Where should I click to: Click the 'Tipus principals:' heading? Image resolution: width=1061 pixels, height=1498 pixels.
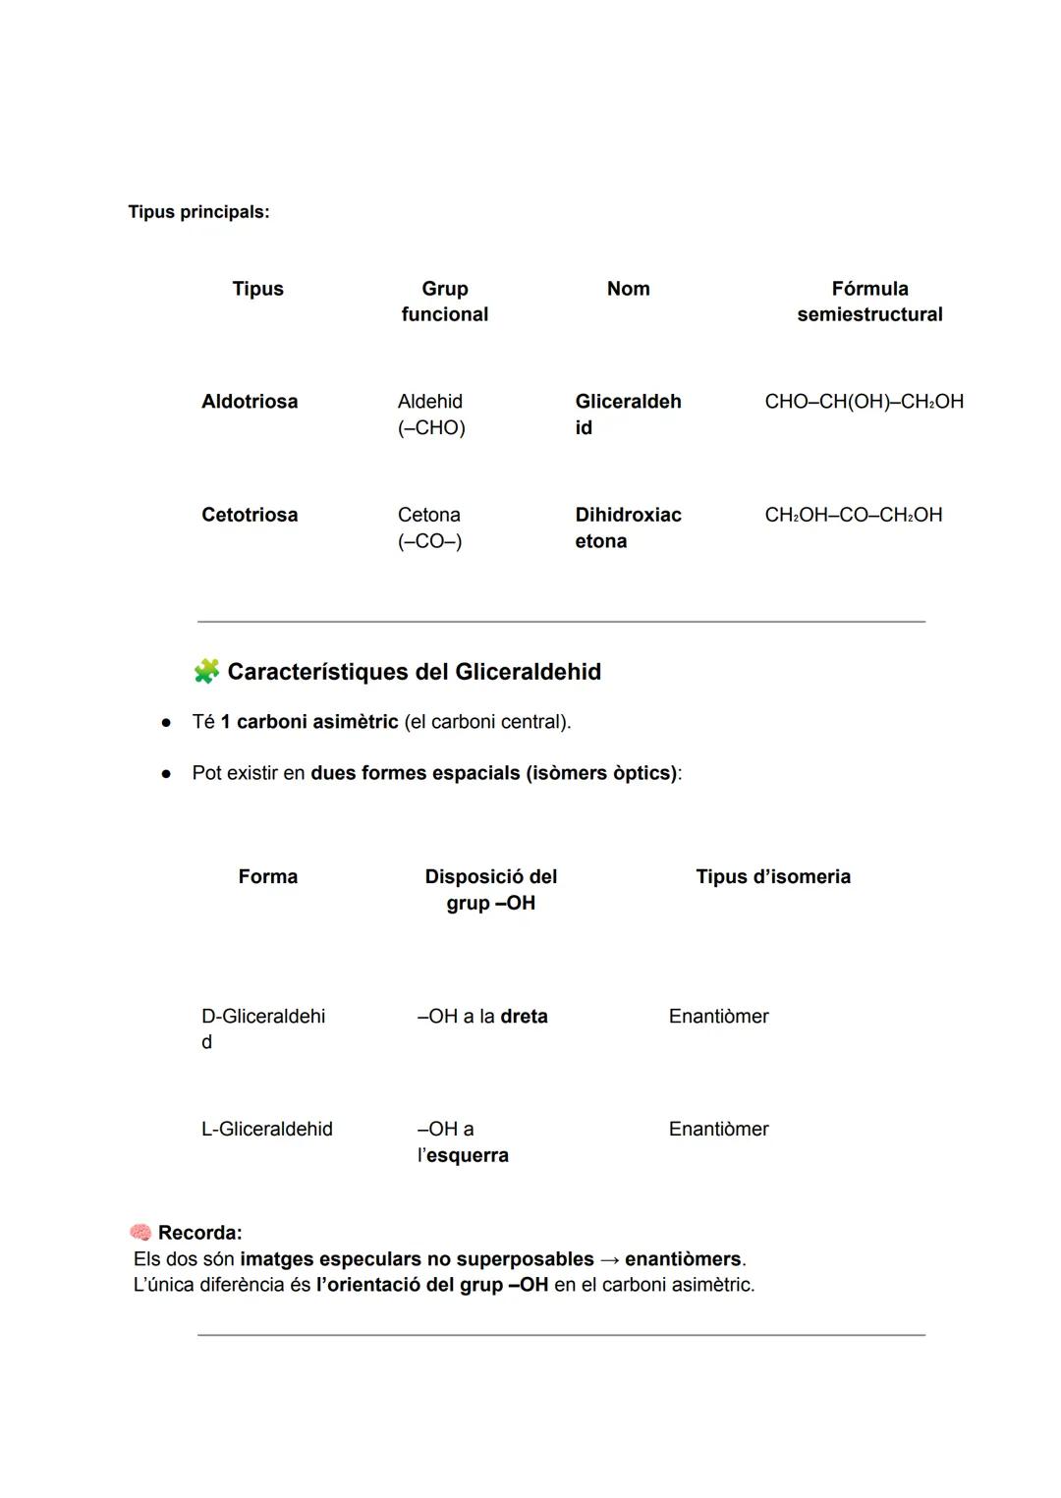point(198,212)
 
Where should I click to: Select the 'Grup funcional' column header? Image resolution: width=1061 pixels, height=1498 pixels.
point(444,302)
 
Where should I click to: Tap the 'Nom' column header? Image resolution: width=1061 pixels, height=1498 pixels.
point(628,289)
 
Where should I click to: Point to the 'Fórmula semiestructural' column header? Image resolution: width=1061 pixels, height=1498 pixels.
point(869,302)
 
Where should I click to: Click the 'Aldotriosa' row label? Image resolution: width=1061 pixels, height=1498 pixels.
point(250,402)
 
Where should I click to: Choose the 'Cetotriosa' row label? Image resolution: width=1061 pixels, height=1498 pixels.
point(250,515)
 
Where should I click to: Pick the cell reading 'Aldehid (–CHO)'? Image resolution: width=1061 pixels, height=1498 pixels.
point(431,415)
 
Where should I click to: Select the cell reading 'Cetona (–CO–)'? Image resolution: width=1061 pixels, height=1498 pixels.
point(429,527)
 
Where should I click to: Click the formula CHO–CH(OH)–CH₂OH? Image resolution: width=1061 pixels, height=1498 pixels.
point(864,402)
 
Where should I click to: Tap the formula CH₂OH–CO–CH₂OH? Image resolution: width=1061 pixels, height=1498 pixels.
point(853,515)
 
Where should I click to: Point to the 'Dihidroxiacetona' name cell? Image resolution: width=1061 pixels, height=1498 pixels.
point(628,527)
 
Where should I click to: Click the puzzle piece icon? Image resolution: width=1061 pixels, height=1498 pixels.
point(206,672)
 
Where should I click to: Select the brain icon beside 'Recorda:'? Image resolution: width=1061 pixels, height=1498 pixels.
point(140,1232)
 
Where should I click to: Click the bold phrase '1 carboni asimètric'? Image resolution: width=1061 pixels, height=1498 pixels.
point(309,722)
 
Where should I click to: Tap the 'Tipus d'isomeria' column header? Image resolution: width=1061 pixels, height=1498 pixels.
point(773,877)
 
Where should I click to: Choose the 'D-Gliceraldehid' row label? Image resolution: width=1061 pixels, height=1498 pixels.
point(263,1028)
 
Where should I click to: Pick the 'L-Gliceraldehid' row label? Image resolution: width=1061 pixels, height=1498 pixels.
point(267,1130)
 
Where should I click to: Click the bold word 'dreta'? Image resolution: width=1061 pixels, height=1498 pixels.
point(524,1017)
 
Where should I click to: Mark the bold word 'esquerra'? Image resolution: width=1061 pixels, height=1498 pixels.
point(468,1156)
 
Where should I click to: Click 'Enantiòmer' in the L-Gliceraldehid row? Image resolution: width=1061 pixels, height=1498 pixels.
point(718,1130)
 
